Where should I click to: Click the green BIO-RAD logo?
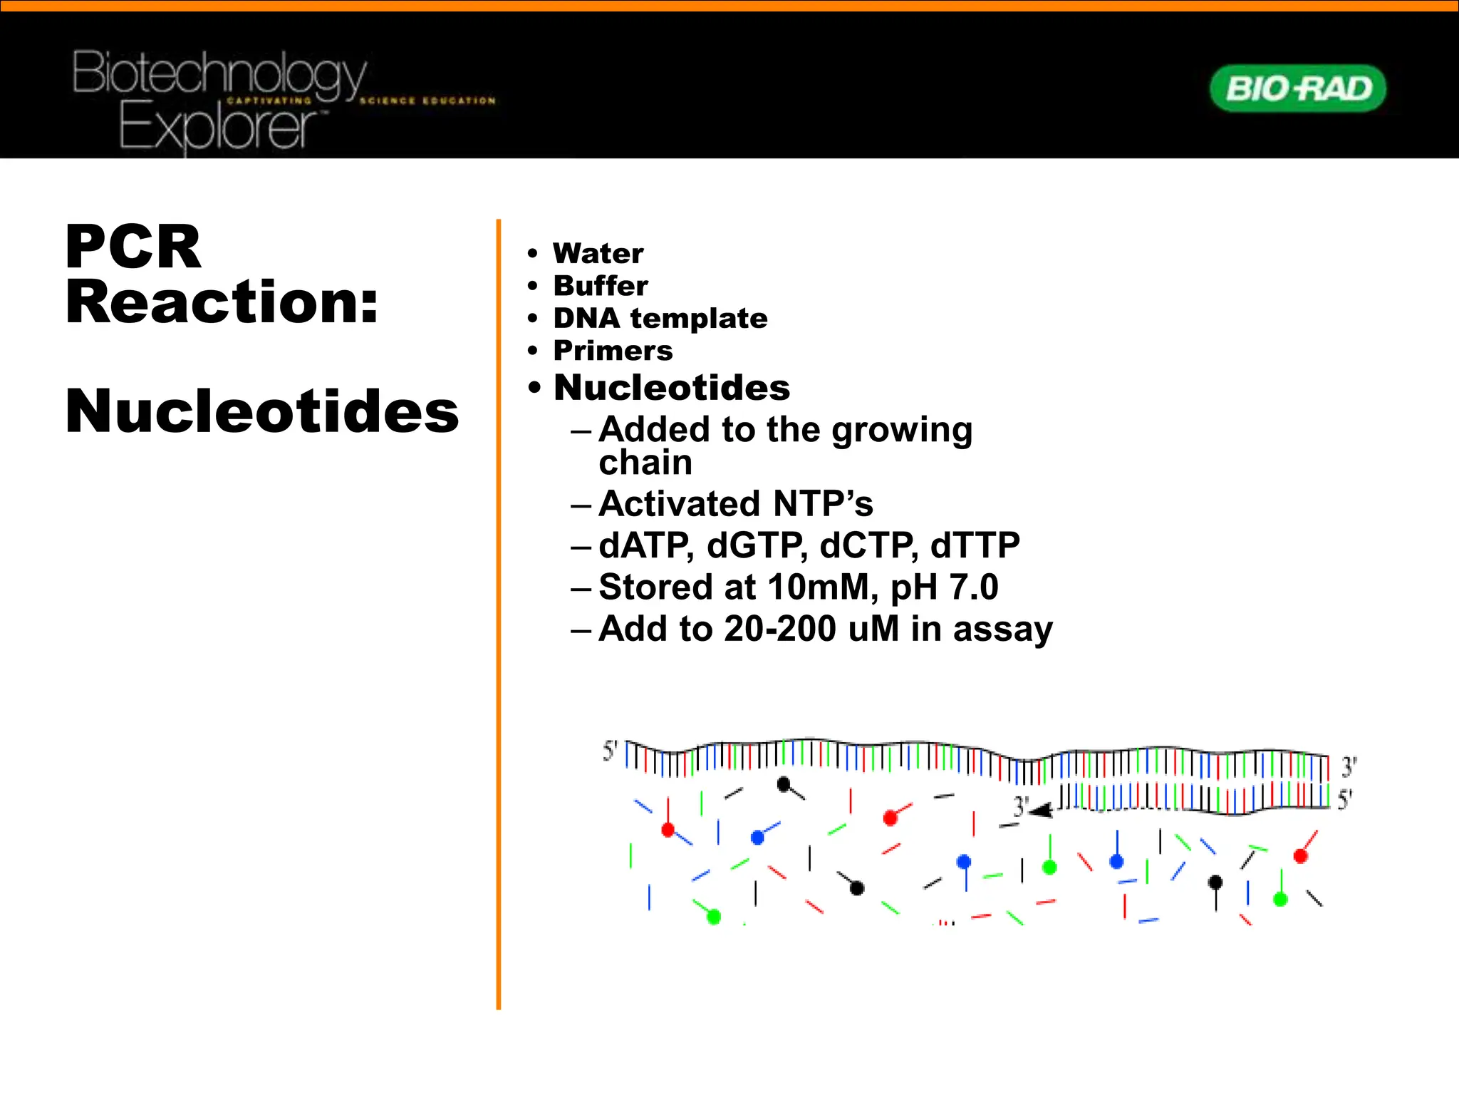click(x=1298, y=88)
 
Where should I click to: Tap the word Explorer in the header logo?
click(x=217, y=127)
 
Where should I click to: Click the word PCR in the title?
click(x=133, y=247)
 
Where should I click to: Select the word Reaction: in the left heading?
click(x=222, y=302)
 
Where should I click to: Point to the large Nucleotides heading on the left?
click(x=262, y=411)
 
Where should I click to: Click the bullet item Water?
click(x=598, y=254)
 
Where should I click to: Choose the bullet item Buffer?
click(x=601, y=286)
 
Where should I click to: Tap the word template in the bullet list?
click(x=699, y=319)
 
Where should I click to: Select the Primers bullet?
click(x=613, y=351)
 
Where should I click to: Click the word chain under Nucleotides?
click(x=645, y=463)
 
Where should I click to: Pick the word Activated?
click(x=681, y=504)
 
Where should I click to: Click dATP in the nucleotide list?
click(x=645, y=545)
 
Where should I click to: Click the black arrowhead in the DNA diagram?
click(x=1042, y=811)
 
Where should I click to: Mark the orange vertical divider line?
click(x=499, y=613)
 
